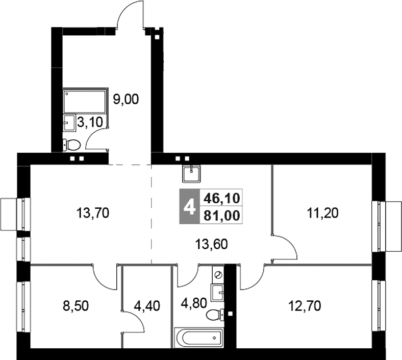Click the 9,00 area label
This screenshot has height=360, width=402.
125,99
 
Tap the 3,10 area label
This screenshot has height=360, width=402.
88,123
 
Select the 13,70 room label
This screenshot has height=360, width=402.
92,212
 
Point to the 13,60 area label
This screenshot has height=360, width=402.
210,244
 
